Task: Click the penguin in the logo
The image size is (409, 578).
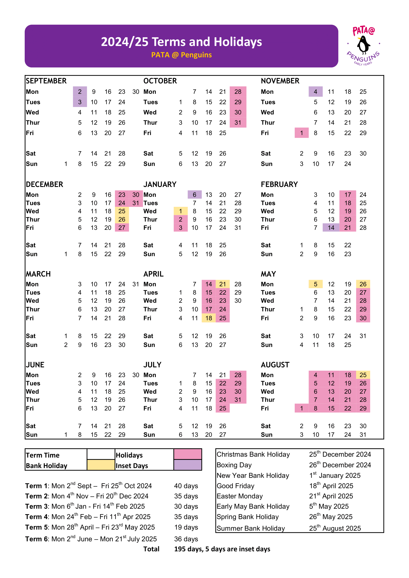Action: (363, 45)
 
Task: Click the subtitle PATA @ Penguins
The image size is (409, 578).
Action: (181, 55)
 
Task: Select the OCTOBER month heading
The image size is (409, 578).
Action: (160, 81)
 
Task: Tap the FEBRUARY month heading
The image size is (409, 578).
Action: (279, 184)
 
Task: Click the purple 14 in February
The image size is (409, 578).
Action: (331, 228)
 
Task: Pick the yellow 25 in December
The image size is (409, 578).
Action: (122, 211)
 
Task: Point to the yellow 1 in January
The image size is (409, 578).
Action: (180, 211)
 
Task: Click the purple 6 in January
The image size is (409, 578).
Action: (194, 194)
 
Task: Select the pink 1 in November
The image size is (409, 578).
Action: (301, 133)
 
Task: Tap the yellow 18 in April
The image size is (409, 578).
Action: (208, 318)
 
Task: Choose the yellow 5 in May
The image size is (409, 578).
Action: (315, 284)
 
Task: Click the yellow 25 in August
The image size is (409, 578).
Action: (363, 375)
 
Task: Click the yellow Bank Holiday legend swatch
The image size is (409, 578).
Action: (101, 465)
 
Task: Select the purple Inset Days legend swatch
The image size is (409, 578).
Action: (187, 465)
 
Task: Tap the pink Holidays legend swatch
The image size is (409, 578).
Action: (187, 454)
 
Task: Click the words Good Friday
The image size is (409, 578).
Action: (235, 486)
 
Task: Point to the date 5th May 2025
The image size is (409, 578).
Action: (329, 506)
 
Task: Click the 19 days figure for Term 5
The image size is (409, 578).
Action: (186, 527)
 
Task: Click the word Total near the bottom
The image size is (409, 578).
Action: (151, 549)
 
